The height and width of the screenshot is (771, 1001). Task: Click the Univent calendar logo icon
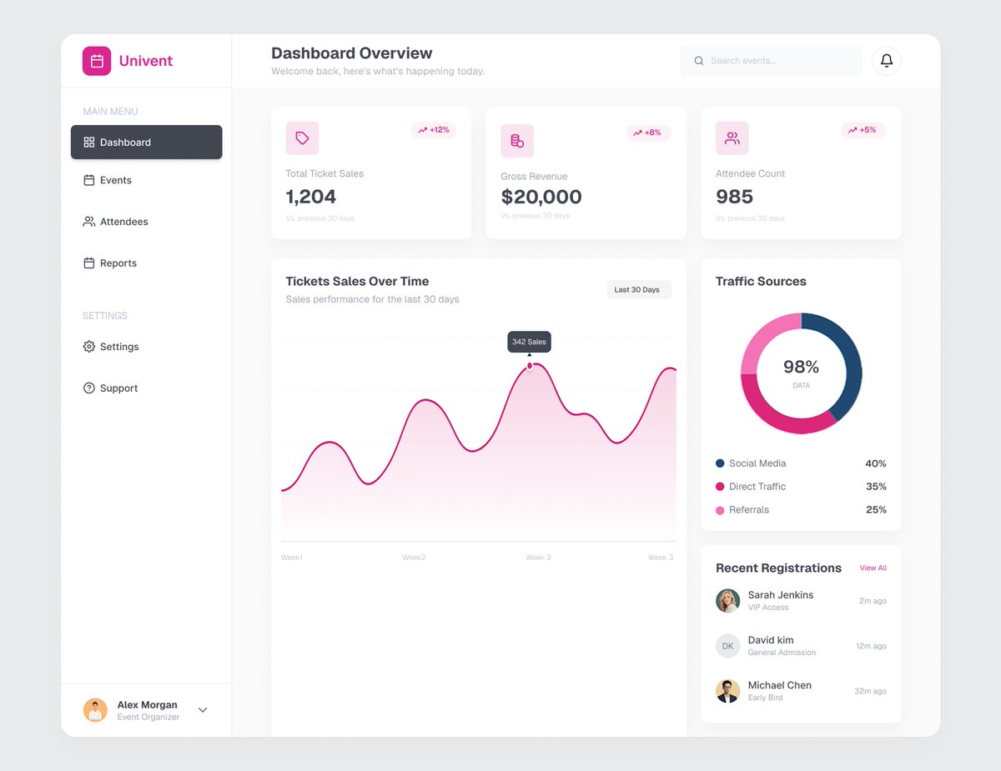point(97,61)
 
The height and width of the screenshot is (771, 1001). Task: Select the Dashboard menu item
point(146,142)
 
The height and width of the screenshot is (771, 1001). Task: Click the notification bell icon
point(887,61)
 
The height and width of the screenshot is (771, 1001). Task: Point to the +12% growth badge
point(434,130)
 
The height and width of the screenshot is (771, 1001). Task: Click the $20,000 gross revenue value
point(541,197)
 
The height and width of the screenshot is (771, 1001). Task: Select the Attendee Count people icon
point(732,138)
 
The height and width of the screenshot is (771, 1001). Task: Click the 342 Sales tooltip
point(529,342)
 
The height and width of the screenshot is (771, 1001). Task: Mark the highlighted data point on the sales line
point(530,366)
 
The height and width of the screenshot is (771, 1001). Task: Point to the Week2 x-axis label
point(414,558)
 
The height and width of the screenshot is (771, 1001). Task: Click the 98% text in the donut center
point(801,367)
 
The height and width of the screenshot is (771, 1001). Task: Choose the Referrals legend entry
point(748,510)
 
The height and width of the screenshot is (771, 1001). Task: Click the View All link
point(873,568)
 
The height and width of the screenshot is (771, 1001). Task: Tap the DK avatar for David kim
point(727,646)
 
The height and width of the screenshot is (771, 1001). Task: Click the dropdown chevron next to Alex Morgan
point(203,710)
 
